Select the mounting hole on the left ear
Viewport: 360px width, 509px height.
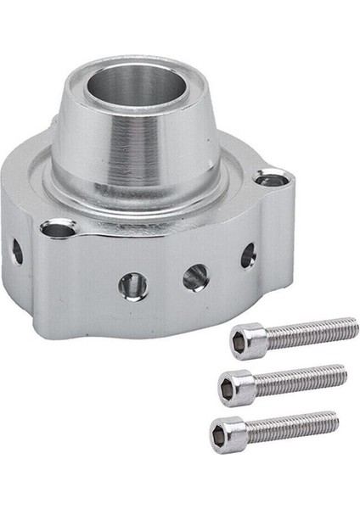click(x=57, y=228)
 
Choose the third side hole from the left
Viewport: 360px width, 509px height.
click(x=194, y=274)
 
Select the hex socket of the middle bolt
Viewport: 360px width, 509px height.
click(x=226, y=389)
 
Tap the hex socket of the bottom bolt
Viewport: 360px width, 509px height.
click(x=218, y=436)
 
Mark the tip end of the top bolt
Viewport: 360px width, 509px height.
click(x=355, y=322)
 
